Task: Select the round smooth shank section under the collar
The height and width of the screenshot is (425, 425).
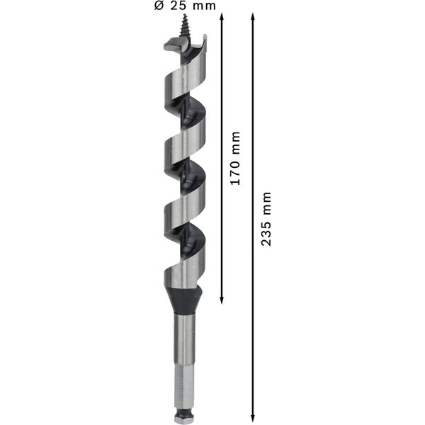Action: (185, 333)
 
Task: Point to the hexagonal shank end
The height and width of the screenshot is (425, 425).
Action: (184, 382)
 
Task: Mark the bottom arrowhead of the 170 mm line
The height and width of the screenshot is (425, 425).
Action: (222, 300)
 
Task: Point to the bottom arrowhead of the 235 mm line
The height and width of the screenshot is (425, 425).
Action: (253, 418)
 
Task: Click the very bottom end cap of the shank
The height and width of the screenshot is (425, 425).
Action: (184, 419)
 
